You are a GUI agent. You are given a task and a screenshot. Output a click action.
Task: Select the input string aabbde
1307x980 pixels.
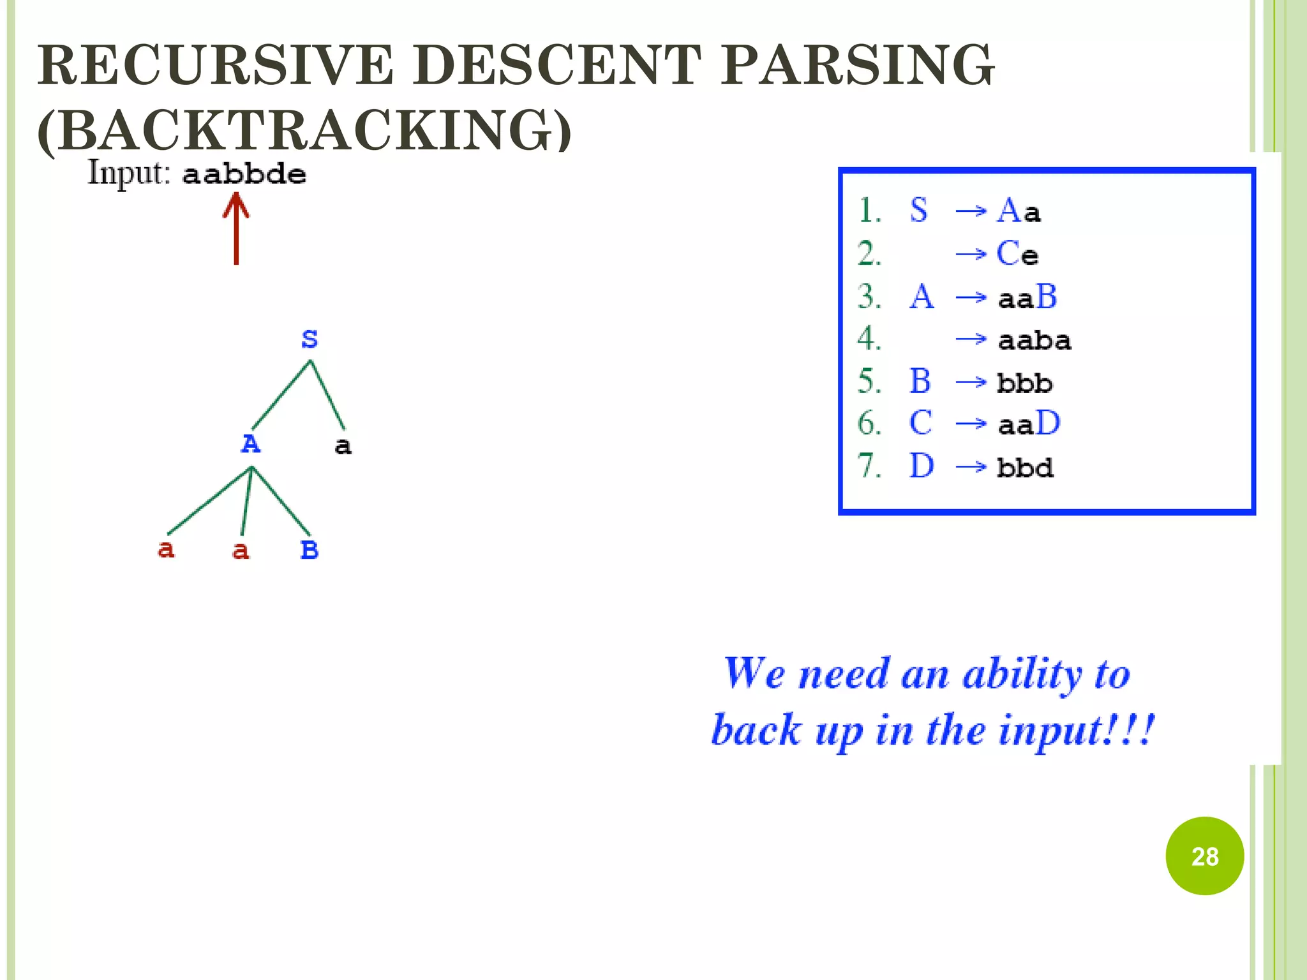[244, 174]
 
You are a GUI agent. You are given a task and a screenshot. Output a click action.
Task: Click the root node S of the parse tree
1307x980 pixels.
[310, 339]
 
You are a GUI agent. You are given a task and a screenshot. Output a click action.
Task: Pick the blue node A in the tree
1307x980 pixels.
[250, 443]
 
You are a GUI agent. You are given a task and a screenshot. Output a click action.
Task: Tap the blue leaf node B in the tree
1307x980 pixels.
[310, 549]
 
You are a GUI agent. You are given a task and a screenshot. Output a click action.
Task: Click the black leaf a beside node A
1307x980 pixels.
[343, 446]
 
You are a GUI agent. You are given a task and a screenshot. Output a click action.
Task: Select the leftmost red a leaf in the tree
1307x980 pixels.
[166, 549]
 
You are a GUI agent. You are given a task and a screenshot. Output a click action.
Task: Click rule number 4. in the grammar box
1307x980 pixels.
[869, 338]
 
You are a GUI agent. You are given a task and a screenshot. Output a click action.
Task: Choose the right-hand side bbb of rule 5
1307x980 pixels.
[1024, 383]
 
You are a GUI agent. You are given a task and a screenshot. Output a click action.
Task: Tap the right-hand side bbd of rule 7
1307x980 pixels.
[1025, 468]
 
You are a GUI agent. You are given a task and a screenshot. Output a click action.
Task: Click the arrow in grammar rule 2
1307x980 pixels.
[971, 255]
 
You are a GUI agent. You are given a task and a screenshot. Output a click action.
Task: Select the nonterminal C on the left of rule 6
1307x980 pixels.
[920, 423]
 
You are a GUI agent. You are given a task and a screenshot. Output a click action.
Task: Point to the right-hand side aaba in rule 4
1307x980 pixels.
[1034, 340]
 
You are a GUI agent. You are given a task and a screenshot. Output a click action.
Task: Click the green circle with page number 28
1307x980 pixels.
[1204, 856]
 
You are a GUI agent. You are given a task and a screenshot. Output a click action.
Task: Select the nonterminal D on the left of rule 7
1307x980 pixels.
[922, 466]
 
